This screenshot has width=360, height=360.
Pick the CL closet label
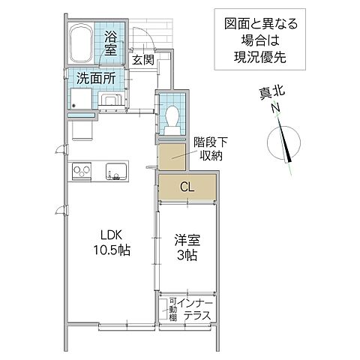point(187,187)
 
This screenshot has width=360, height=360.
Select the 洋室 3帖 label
point(187,247)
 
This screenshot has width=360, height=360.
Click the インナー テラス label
point(197,310)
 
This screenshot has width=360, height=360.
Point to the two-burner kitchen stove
point(82,172)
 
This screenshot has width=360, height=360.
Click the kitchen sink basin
point(115,171)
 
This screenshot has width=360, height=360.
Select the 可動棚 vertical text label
point(172,310)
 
